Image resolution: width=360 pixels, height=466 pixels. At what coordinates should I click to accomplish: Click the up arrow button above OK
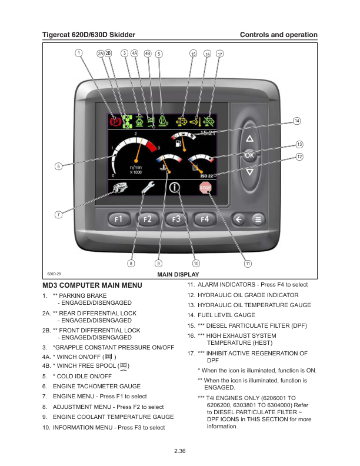point(249,139)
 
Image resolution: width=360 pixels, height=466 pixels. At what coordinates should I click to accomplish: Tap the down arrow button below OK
point(249,172)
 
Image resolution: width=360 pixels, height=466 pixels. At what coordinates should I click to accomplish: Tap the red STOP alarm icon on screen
point(205,188)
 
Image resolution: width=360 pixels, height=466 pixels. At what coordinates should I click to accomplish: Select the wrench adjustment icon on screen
point(148,188)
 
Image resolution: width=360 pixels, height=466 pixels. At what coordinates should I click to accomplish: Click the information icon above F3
point(175,188)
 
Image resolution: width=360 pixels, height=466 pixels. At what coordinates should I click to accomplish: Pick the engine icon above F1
point(119,188)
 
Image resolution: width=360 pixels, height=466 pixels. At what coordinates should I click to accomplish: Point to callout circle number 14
point(297,121)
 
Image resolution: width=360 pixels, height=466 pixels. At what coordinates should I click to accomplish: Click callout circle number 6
point(58,166)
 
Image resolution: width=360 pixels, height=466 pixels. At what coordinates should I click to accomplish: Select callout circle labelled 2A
point(101,54)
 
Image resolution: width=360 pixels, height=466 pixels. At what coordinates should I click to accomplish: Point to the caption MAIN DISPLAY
point(178,275)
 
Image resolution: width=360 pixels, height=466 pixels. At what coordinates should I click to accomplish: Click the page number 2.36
point(180,451)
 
